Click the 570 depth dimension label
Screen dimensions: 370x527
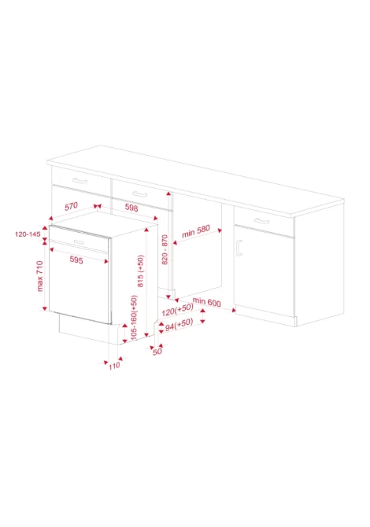tap(71, 206)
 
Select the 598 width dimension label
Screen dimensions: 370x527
tap(131, 208)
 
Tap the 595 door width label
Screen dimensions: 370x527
tap(76, 260)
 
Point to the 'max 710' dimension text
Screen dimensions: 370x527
tap(40, 276)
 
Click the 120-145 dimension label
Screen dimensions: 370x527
tap(28, 234)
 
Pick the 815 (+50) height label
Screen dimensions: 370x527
tap(141, 271)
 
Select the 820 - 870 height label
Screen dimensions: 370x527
tap(165, 249)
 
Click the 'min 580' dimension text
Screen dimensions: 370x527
tap(196, 231)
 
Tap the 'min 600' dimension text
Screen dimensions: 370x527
tap(206, 302)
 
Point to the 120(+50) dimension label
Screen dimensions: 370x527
tap(178, 310)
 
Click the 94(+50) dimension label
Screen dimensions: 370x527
tap(179, 325)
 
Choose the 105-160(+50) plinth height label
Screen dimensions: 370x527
tap(134, 317)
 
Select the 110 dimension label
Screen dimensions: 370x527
tap(114, 366)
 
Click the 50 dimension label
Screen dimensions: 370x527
tap(157, 352)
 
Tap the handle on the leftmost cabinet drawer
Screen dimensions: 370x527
tap(80, 181)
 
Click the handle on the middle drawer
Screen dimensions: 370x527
tap(139, 194)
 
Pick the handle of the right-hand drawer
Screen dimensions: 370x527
tap(261, 221)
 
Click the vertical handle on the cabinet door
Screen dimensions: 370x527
tap(239, 248)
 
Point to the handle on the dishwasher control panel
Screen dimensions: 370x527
tap(79, 242)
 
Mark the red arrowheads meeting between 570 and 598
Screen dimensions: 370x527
tap(97, 206)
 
